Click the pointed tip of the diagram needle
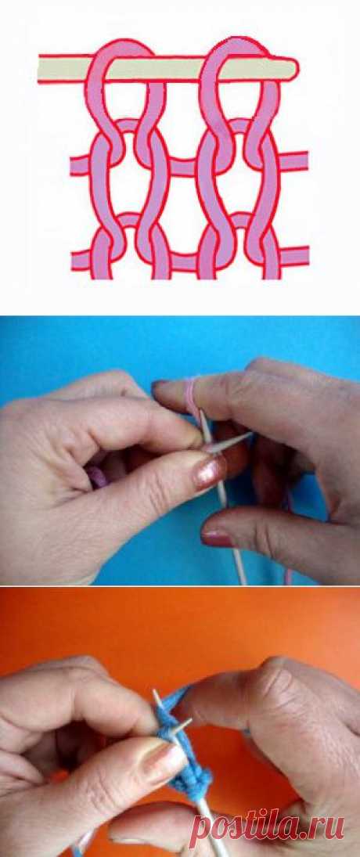296,68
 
